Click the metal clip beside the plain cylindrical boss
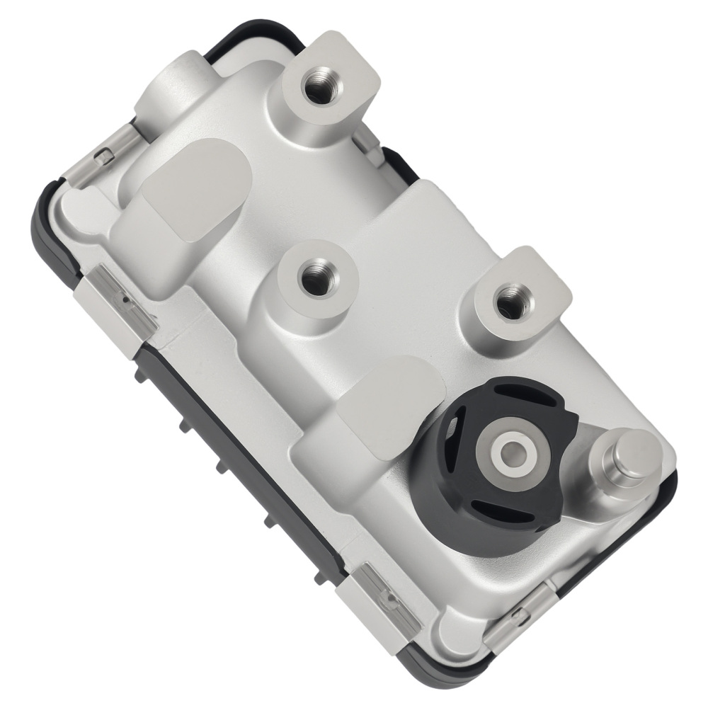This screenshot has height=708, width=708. click(x=106, y=154)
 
